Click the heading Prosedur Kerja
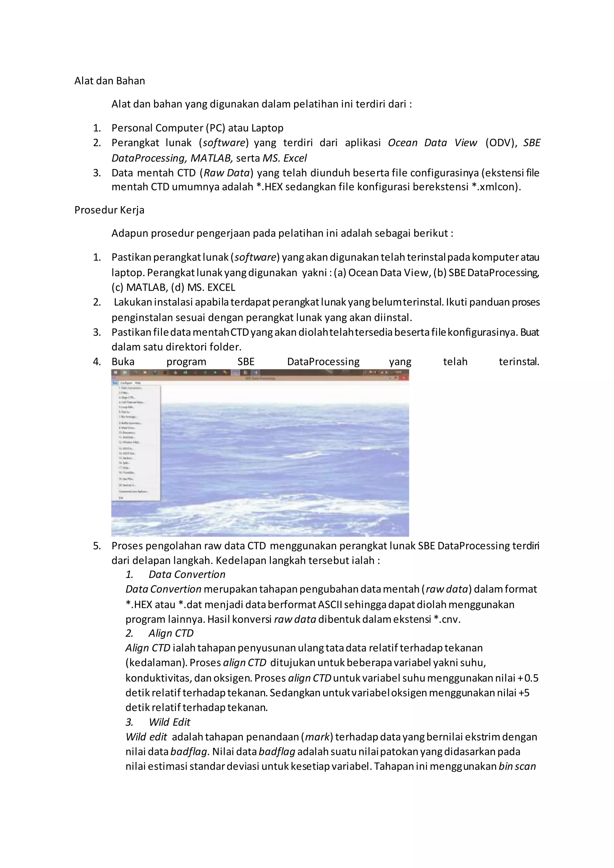click(109, 210)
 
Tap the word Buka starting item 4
click(123, 362)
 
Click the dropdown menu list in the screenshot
click(136, 442)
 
